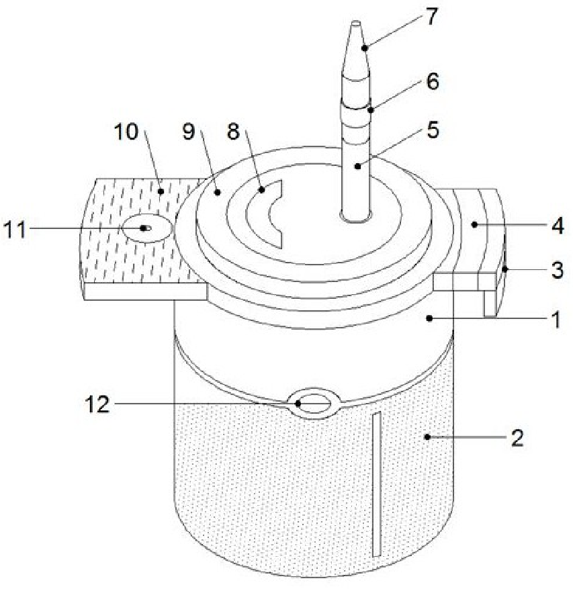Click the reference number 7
pos(432,16)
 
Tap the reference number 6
pos(433,81)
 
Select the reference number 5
pos(433,130)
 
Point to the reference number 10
pos(126,132)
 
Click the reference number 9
pos(189,132)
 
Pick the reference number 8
pos(233,132)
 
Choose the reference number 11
pos(15,229)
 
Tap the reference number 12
pos(97,404)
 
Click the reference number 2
pos(517,438)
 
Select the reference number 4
pos(558,226)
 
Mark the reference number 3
pos(558,270)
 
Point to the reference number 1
pos(556,320)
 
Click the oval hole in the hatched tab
pos(147,228)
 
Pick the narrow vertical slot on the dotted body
pos(377,484)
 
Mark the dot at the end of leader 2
pos(427,437)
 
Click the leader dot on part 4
pos(475,224)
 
